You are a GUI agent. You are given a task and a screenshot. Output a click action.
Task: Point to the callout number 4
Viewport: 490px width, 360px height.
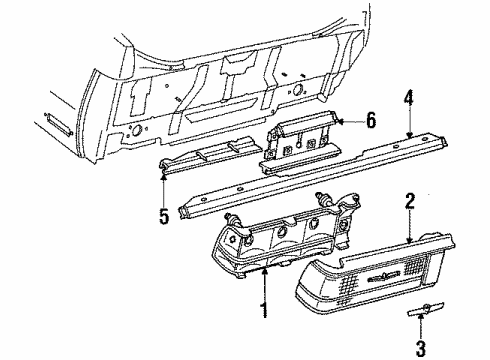point(409,99)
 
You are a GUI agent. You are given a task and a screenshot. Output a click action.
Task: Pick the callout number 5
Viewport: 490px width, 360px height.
point(162,214)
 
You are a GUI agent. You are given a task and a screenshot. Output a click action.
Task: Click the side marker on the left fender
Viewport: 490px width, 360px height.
point(55,123)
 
